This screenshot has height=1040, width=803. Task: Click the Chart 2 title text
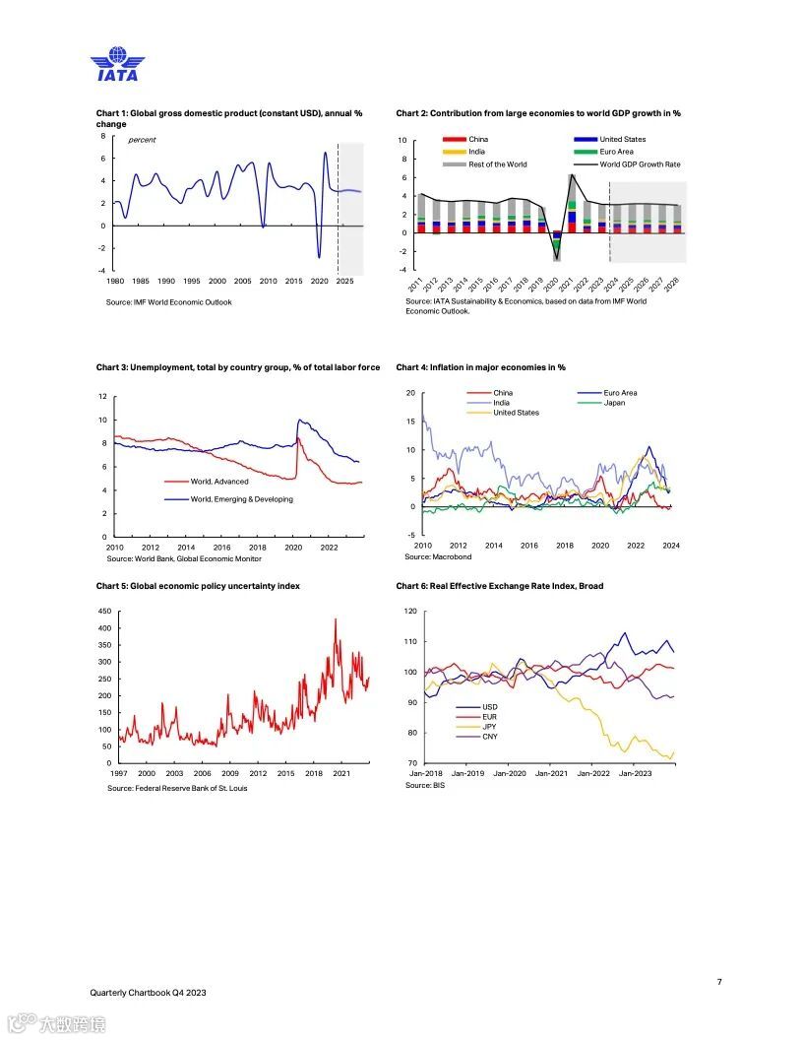pos(538,113)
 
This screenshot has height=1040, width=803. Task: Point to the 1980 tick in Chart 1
pos(115,281)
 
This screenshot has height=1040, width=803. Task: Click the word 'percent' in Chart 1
pos(142,140)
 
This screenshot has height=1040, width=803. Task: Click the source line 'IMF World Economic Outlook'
pos(169,302)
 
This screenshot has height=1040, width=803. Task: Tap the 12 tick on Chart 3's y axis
pos(102,396)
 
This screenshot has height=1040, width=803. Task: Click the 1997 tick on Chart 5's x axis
pos(118,774)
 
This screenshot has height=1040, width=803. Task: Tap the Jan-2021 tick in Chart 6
pos(551,774)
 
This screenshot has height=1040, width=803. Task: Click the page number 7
pos(719,982)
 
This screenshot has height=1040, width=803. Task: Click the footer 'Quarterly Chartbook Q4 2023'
pos(148,993)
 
